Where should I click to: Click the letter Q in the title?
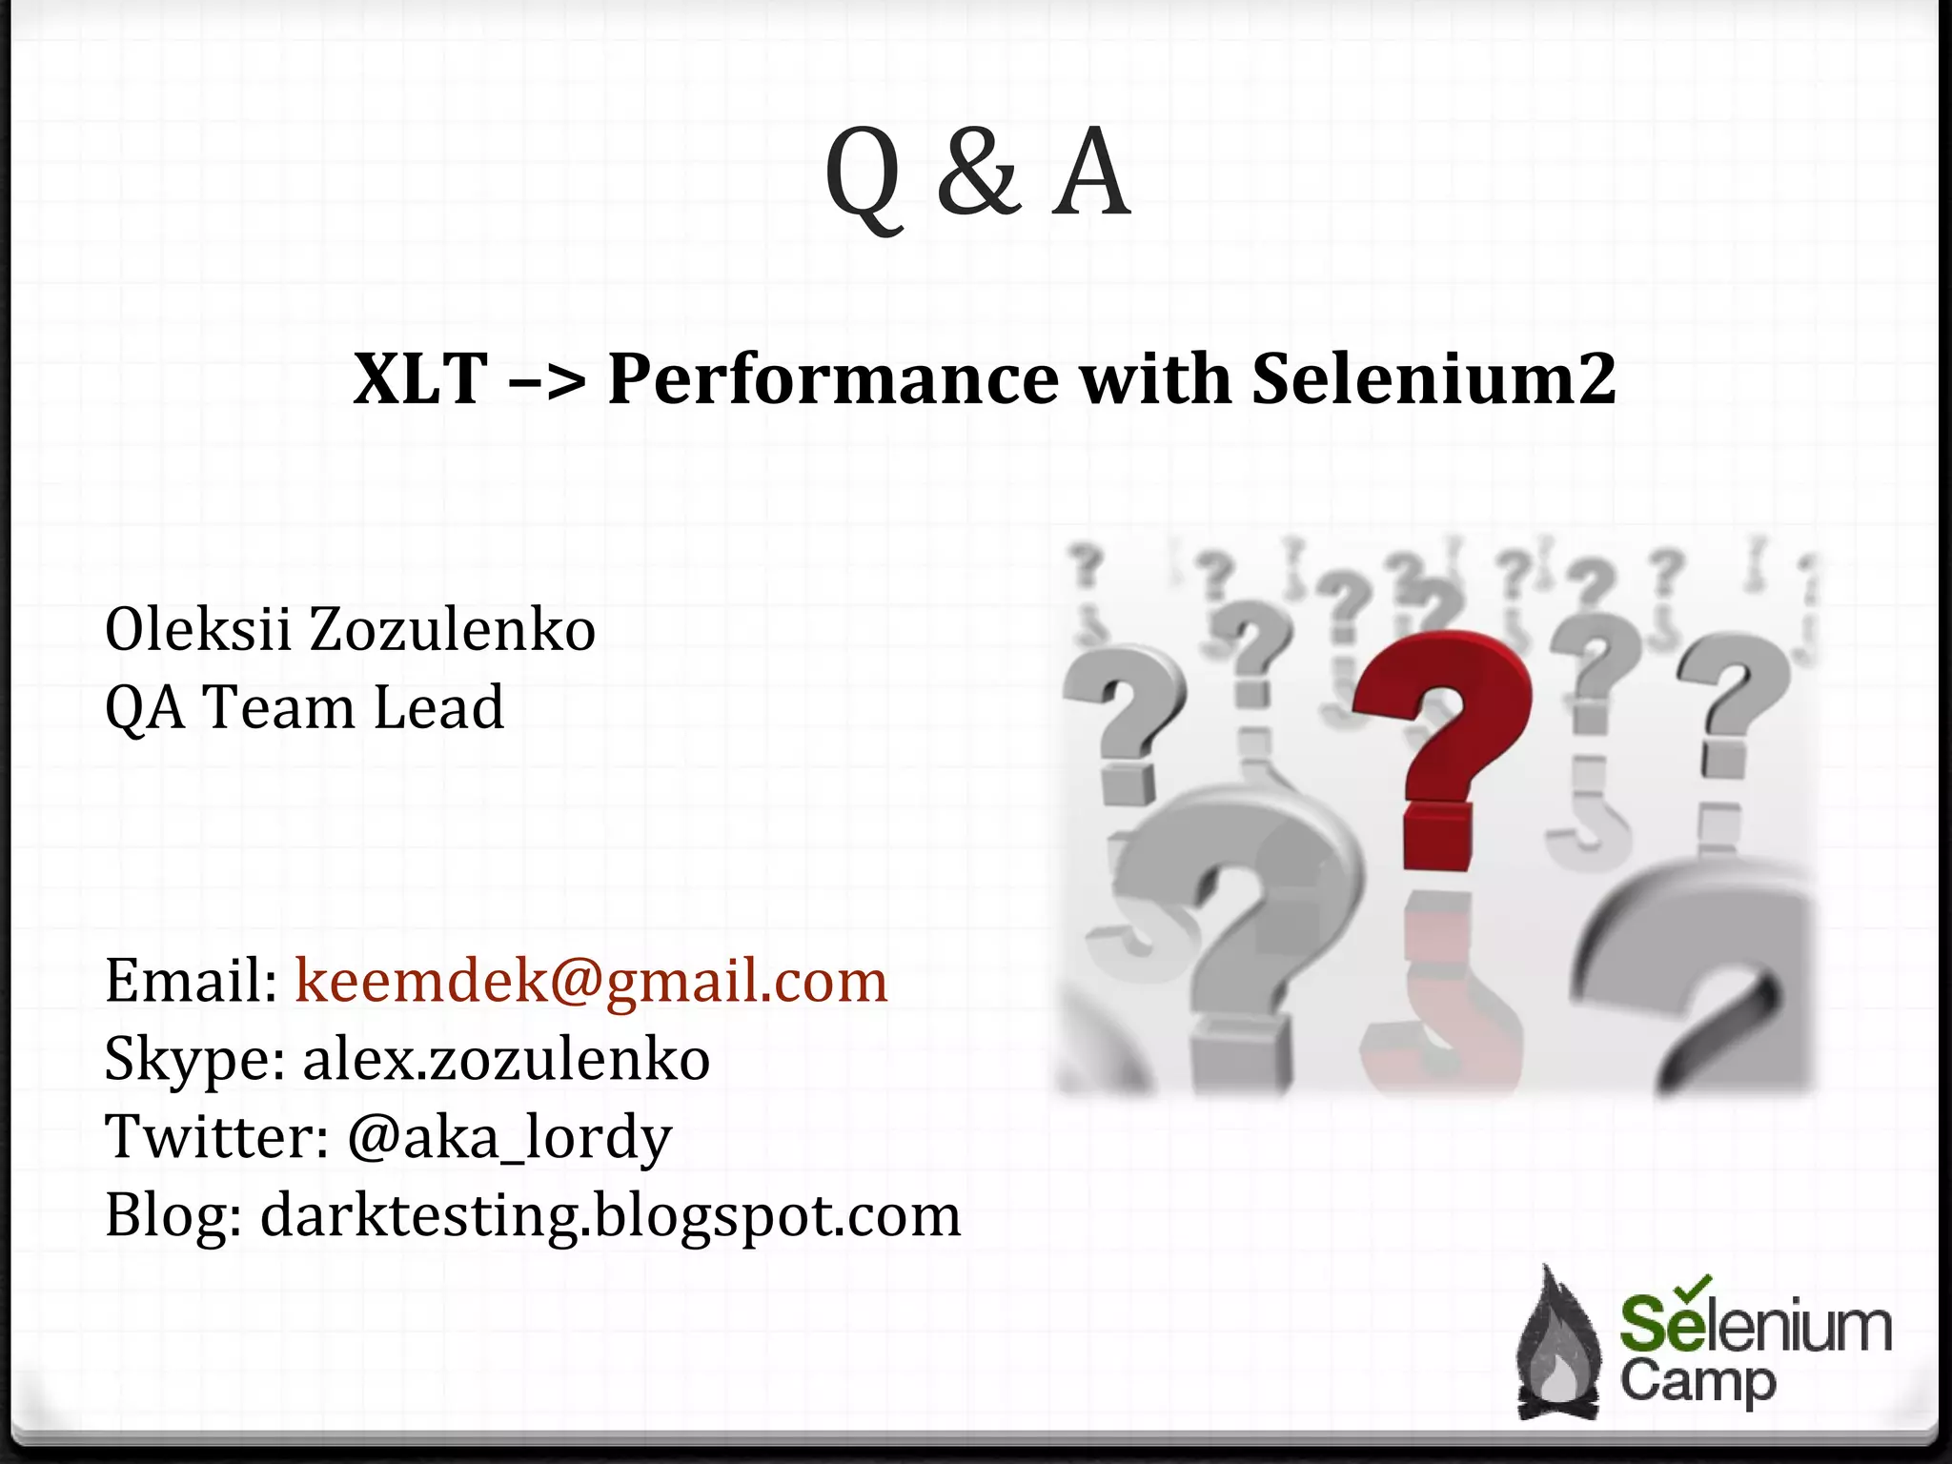863,176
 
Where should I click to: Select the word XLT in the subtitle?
420,379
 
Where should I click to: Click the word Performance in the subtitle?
832,379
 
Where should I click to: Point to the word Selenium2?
1433,379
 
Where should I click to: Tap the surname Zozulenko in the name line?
453,630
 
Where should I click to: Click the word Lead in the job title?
438,707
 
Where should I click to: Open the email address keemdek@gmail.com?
591,981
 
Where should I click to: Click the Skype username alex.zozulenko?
506,1059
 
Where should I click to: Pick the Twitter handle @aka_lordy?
510,1137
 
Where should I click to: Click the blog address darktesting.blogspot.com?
610,1215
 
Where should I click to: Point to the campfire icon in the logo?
1559,1344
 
